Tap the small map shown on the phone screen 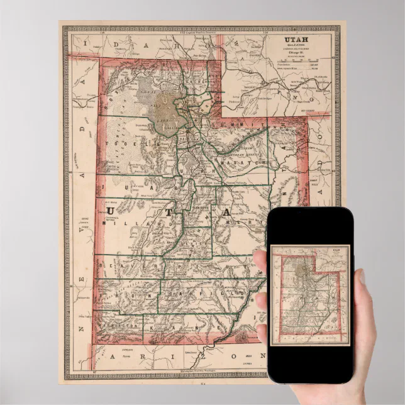coord(310,294)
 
